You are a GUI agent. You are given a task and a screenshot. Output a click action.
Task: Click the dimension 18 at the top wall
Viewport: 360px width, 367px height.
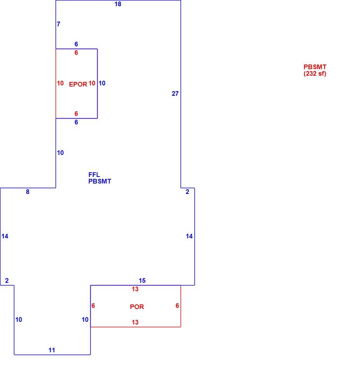click(x=118, y=4)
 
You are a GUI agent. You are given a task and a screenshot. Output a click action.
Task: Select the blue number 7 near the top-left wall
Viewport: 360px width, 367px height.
click(x=58, y=24)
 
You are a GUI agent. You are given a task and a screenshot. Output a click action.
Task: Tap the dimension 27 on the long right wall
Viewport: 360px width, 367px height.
click(x=175, y=93)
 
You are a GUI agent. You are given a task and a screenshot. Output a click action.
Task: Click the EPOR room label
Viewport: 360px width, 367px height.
click(x=78, y=84)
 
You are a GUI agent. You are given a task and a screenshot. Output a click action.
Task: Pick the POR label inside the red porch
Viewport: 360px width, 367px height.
click(x=137, y=307)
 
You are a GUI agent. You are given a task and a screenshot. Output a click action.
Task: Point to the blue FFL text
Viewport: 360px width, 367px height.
click(x=94, y=175)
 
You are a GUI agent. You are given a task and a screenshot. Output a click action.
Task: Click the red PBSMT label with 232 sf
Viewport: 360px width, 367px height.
click(x=315, y=70)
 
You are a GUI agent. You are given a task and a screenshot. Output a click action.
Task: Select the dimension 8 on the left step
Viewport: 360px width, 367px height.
click(x=27, y=192)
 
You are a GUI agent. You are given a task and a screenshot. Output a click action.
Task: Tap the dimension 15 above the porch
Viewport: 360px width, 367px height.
click(x=142, y=280)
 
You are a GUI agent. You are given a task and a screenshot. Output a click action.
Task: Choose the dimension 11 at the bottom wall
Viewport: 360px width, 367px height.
click(x=52, y=350)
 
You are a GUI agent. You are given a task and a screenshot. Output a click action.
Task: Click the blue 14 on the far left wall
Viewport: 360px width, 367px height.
click(x=5, y=236)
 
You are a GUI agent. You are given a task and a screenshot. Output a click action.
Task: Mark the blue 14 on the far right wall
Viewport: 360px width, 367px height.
click(x=189, y=236)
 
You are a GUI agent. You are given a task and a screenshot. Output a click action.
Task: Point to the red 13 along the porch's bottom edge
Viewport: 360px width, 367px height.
click(x=135, y=322)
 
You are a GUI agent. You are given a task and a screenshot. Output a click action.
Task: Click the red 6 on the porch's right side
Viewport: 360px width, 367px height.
click(x=177, y=306)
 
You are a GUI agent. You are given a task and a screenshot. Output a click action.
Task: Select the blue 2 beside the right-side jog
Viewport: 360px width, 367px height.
click(x=187, y=192)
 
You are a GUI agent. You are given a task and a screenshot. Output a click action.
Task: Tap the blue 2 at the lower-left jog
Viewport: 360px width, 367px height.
click(x=7, y=280)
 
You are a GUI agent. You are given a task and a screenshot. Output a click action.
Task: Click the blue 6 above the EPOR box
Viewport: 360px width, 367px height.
click(x=76, y=44)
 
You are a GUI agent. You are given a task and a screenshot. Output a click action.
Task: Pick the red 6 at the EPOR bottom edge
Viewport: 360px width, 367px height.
click(x=76, y=114)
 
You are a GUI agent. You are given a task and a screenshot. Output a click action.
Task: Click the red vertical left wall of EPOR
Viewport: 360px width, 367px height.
click(x=56, y=83)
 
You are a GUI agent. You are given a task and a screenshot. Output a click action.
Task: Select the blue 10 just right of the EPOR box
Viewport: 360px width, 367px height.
click(x=102, y=83)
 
